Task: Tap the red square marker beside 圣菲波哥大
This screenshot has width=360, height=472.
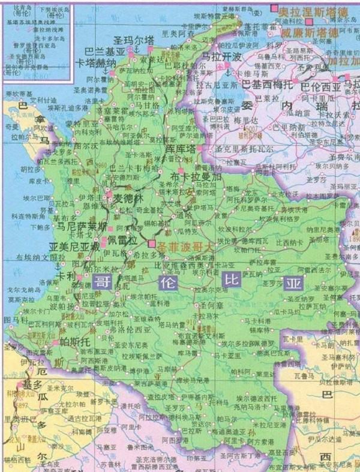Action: (x=152, y=244)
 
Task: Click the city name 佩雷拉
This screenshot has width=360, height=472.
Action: (x=122, y=240)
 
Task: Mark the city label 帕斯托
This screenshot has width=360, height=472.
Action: (x=76, y=341)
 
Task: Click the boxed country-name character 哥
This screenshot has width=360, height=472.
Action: (x=104, y=283)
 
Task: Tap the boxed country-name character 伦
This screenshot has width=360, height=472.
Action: (x=166, y=282)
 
